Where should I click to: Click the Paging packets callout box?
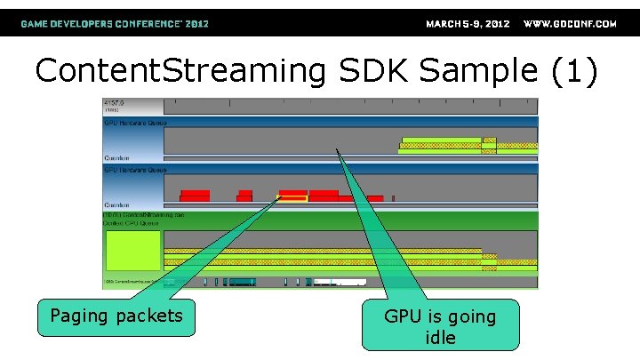pos(116,316)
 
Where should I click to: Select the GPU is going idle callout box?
pos(441,326)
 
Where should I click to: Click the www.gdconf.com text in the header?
pos(570,24)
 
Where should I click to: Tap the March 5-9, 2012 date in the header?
pos(468,24)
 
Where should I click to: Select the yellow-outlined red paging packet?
pos(292,196)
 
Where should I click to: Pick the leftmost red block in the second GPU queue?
pos(195,195)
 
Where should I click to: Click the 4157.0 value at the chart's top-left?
pos(114,102)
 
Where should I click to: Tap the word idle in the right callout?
pos(440,338)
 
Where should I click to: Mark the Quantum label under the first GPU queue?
pos(116,157)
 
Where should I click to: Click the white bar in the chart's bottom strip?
pos(339,283)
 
